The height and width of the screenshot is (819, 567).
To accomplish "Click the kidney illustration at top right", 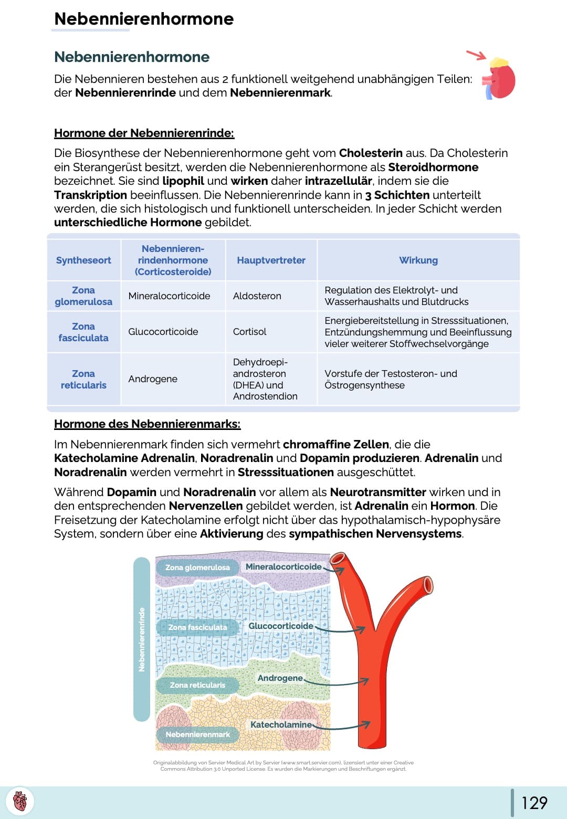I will (x=500, y=79).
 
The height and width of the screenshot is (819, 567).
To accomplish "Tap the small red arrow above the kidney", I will (x=476, y=55).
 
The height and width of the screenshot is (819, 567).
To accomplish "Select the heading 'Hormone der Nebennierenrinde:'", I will (x=144, y=133).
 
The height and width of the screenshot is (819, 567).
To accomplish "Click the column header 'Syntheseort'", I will (x=83, y=260).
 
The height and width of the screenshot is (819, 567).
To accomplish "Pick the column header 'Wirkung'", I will (x=418, y=260).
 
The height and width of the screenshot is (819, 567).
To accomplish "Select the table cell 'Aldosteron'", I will (x=257, y=296).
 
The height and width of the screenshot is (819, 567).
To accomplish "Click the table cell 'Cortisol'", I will (x=249, y=332).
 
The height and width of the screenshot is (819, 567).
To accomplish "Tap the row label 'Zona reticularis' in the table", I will (x=83, y=379).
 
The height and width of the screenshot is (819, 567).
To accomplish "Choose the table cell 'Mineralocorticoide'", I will (x=169, y=296).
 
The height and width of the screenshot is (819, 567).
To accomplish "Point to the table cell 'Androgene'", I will (x=153, y=379).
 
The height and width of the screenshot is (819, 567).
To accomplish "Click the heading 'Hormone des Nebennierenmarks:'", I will (x=147, y=424).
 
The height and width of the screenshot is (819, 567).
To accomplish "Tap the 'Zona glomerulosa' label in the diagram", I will (x=197, y=568).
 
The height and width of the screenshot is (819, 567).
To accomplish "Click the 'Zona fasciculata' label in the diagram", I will (x=197, y=627).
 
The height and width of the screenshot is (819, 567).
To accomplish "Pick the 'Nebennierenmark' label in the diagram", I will (x=197, y=734).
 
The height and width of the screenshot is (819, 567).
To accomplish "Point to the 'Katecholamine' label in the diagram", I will (x=281, y=725).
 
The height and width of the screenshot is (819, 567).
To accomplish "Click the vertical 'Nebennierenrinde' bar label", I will (x=141, y=639).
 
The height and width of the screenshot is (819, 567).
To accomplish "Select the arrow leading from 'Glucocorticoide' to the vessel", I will (x=340, y=629).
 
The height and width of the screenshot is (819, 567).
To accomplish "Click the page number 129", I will (x=534, y=803).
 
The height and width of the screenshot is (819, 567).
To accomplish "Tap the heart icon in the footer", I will (x=19, y=802).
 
